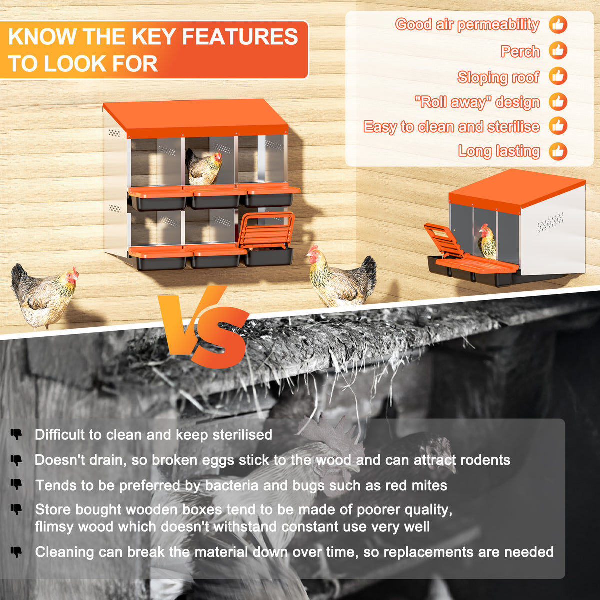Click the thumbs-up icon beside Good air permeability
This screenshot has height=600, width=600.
coord(558,24)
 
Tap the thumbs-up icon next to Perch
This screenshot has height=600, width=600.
coord(558,51)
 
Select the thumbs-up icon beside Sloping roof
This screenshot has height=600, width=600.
coord(558,76)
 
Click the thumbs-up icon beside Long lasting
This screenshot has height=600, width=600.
coord(558,151)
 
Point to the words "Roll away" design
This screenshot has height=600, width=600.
coord(477,102)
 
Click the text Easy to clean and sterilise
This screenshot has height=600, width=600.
coord(452,127)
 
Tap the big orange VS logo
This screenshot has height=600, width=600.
coord(204,327)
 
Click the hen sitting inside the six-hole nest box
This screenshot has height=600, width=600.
coord(203,167)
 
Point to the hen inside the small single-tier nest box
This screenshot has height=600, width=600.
coord(487,241)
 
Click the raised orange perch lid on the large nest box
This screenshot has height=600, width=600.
coord(267,230)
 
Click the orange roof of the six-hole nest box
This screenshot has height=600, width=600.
coord(196,118)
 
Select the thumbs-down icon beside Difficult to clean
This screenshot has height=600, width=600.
coord(16,434)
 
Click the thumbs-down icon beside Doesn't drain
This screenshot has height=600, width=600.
coord(16,460)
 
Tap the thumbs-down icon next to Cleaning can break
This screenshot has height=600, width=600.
coord(16,552)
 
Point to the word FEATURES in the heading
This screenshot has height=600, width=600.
coord(240,36)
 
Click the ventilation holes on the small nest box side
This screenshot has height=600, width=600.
coord(550,222)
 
